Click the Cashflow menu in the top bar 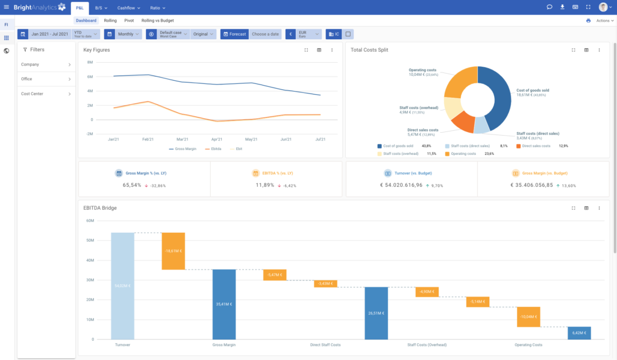tap(128, 8)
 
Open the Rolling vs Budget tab tap(157, 21)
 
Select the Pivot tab tap(129, 21)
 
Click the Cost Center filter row tap(46, 93)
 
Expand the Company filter tap(46, 65)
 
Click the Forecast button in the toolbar tap(234, 34)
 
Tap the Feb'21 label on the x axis tap(148, 139)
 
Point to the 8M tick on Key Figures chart tap(89, 62)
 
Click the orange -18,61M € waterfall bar tap(173, 251)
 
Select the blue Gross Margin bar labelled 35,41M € tap(224, 304)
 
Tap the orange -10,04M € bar tap(528, 317)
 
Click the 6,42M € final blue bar tap(578, 333)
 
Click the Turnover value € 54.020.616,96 tap(405, 185)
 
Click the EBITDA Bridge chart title tap(100, 208)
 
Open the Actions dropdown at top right tap(604, 21)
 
